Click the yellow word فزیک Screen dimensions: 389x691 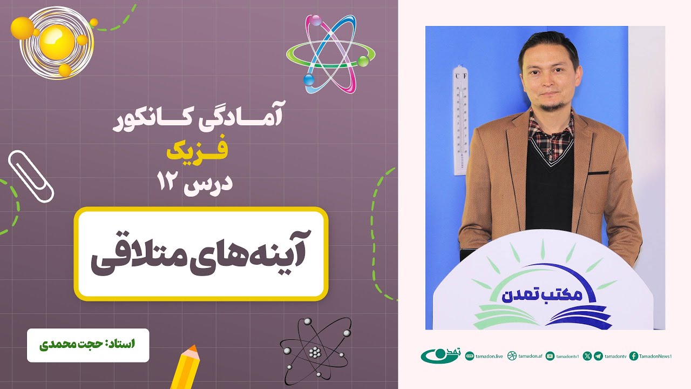(197, 153)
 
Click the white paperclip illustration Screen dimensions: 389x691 (31, 176)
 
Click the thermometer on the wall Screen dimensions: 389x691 (460, 120)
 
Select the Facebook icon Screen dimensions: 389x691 (634, 356)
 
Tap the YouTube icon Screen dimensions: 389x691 (550, 356)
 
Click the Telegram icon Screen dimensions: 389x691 (598, 356)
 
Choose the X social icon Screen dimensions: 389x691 (587, 356)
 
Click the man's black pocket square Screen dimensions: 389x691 (598, 173)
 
